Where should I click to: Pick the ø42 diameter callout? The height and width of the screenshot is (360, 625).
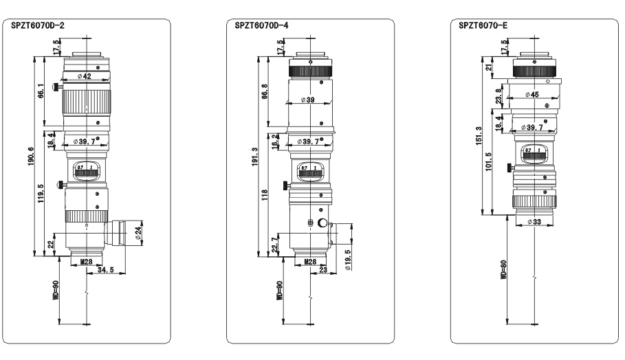(x=85, y=76)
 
